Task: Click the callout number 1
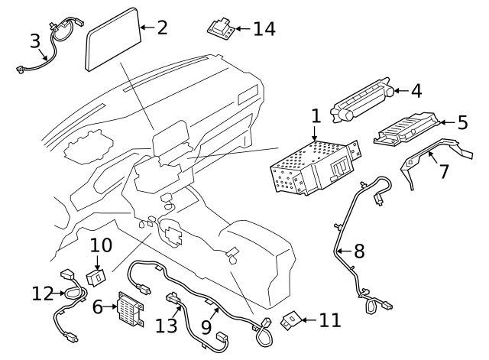point(315,117)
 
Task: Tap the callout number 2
point(161,28)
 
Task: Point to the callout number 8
point(358,250)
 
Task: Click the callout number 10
point(101,245)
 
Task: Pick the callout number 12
point(42,294)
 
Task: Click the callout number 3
point(35,41)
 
